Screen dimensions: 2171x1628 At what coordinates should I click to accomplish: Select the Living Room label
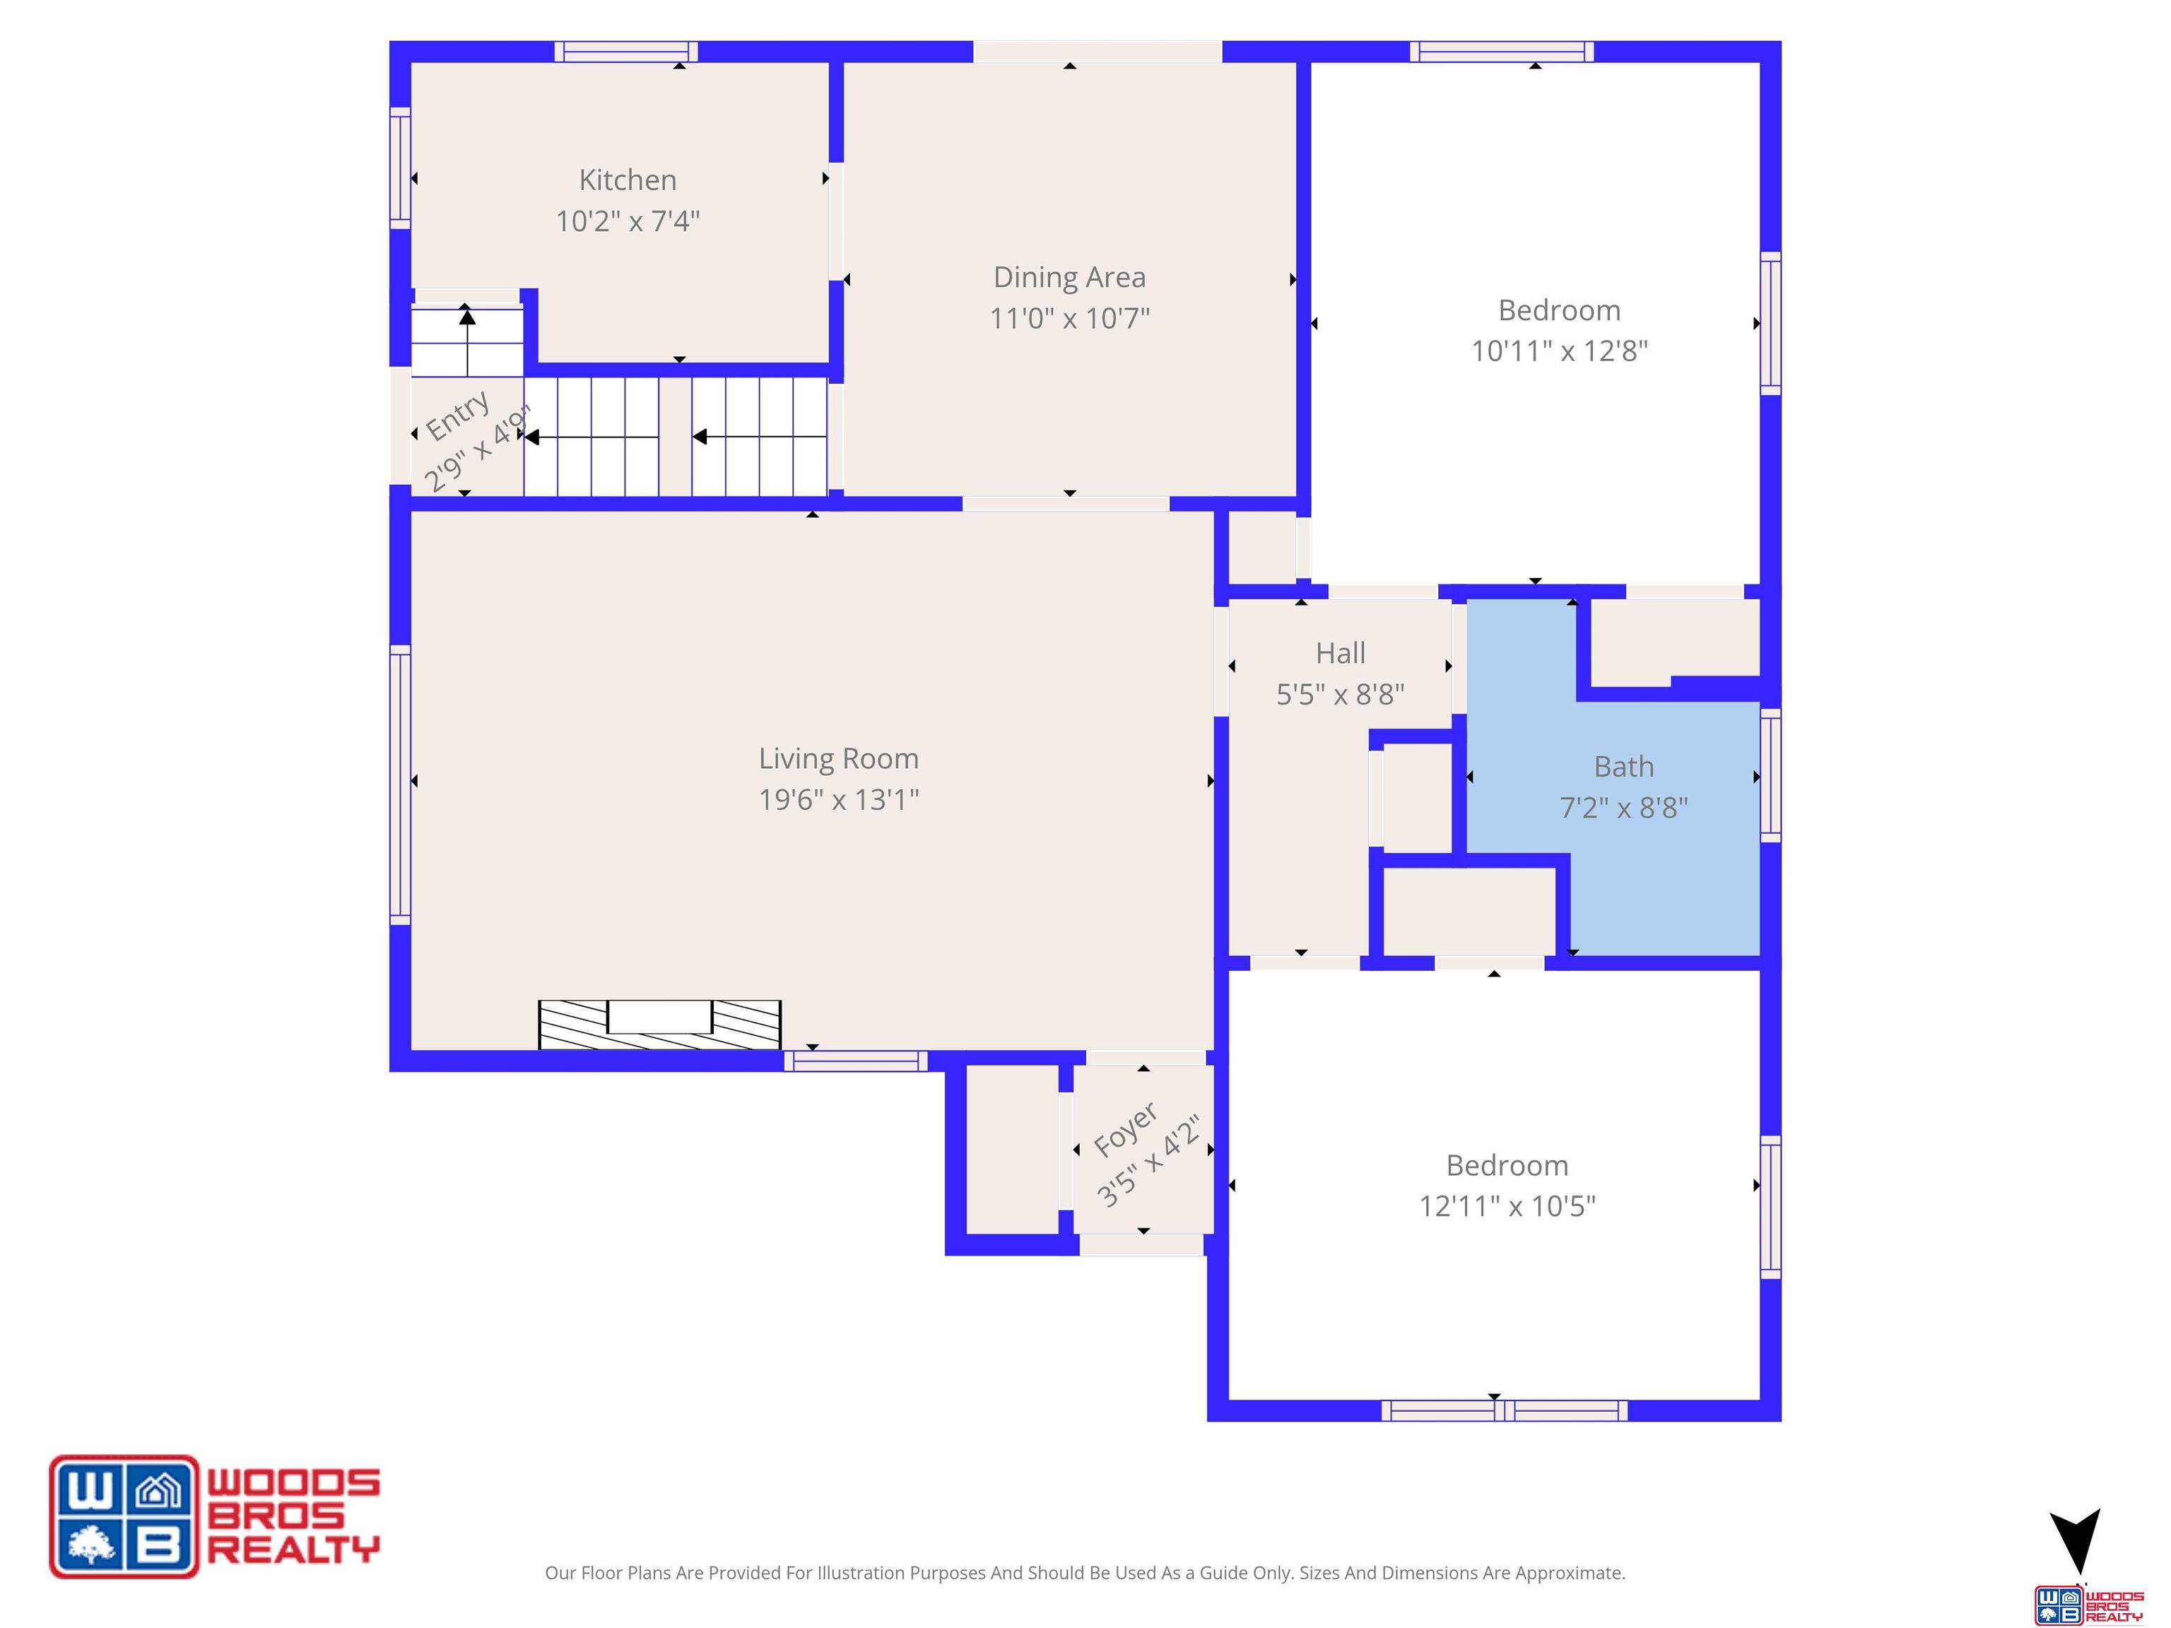tap(838, 759)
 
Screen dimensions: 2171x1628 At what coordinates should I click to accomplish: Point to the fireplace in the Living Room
tap(659, 1025)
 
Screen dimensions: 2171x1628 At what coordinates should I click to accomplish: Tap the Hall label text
tap(1340, 653)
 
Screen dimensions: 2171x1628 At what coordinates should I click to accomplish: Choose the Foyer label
tap(1126, 1129)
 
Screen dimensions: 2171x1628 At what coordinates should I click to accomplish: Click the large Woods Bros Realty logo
tap(215, 1516)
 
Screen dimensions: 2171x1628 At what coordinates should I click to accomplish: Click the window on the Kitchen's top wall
tap(625, 51)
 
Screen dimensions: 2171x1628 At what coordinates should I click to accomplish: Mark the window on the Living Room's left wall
tap(399, 784)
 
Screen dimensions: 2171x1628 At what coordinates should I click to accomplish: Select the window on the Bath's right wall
tap(1770, 774)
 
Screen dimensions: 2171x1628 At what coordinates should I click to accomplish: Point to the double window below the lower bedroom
tap(1504, 1410)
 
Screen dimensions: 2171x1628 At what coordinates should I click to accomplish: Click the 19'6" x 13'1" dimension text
tap(838, 800)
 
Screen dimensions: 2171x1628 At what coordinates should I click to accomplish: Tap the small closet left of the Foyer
tap(1012, 1148)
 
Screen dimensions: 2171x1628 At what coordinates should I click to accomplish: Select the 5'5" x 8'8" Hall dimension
tap(1340, 694)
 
